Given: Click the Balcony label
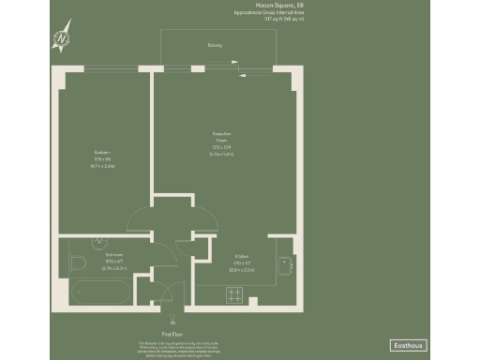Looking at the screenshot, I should [x=216, y=44].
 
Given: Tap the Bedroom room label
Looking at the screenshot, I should [x=102, y=152].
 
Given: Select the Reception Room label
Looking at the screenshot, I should [x=221, y=136].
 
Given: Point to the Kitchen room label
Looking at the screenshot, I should [x=241, y=256].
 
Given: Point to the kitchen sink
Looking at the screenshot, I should [x=287, y=265].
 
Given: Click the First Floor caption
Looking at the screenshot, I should [x=172, y=332].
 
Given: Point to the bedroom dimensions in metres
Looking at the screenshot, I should [x=102, y=165].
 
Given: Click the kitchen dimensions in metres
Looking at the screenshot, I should [x=241, y=269].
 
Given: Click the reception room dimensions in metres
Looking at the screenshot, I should [x=221, y=153].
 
